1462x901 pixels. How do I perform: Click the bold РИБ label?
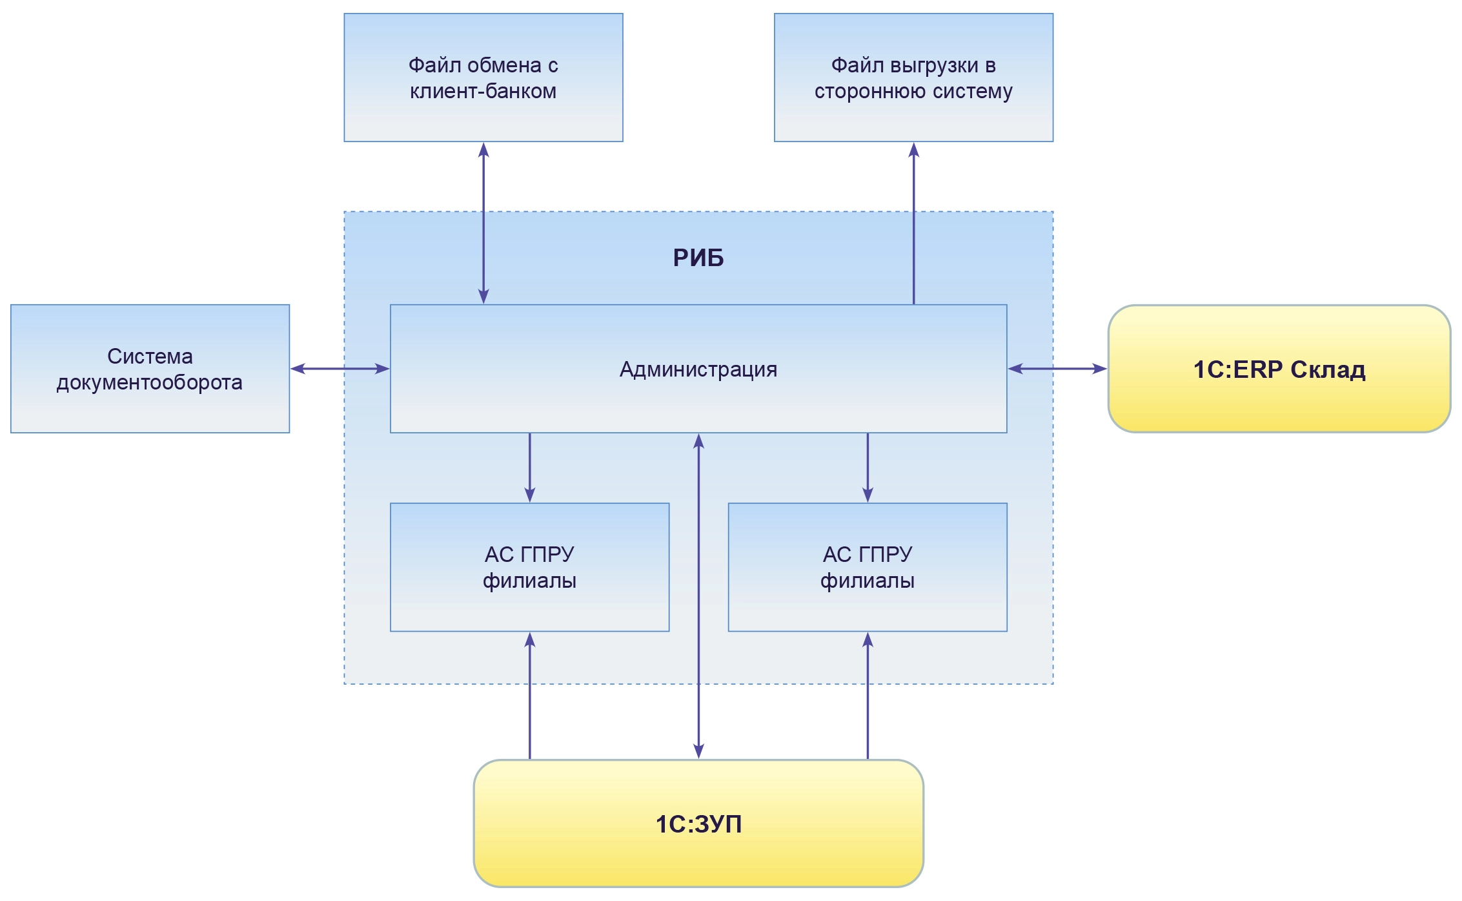[x=698, y=258]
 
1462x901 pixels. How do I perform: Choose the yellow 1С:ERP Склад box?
[x=1279, y=400]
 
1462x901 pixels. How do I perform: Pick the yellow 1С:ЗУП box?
[x=698, y=853]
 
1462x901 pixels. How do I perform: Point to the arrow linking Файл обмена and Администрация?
[x=483, y=223]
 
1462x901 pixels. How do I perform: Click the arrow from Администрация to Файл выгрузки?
[x=913, y=223]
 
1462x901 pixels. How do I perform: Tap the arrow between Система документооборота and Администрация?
[x=340, y=369]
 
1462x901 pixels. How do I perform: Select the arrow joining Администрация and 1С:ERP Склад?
[x=1057, y=369]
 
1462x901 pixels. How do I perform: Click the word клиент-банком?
[x=483, y=91]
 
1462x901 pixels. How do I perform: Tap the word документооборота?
[x=149, y=382]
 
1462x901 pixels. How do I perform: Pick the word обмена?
[x=504, y=65]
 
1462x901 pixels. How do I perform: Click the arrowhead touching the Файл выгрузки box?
[x=913, y=150]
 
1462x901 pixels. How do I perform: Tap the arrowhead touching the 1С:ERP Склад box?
[x=1099, y=369]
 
